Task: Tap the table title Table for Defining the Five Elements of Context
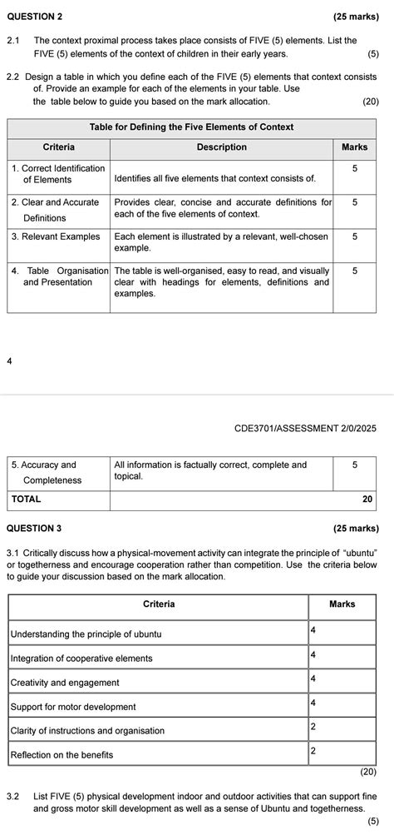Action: click(x=191, y=127)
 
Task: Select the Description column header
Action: click(x=221, y=147)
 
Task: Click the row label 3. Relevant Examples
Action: click(x=56, y=236)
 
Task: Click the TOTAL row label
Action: click(x=26, y=499)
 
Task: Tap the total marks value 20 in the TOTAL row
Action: click(x=368, y=500)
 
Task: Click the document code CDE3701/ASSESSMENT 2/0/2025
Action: click(x=305, y=428)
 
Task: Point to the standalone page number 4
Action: click(x=7, y=361)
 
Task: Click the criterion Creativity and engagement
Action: click(x=65, y=683)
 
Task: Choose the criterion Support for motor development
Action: click(x=73, y=707)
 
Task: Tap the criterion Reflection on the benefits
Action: click(x=62, y=754)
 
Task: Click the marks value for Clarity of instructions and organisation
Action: click(x=313, y=726)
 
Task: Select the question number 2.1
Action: click(x=13, y=40)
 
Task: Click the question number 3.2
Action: click(x=13, y=797)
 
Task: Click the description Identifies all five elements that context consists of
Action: click(x=214, y=178)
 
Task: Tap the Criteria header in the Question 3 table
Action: click(x=158, y=604)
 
